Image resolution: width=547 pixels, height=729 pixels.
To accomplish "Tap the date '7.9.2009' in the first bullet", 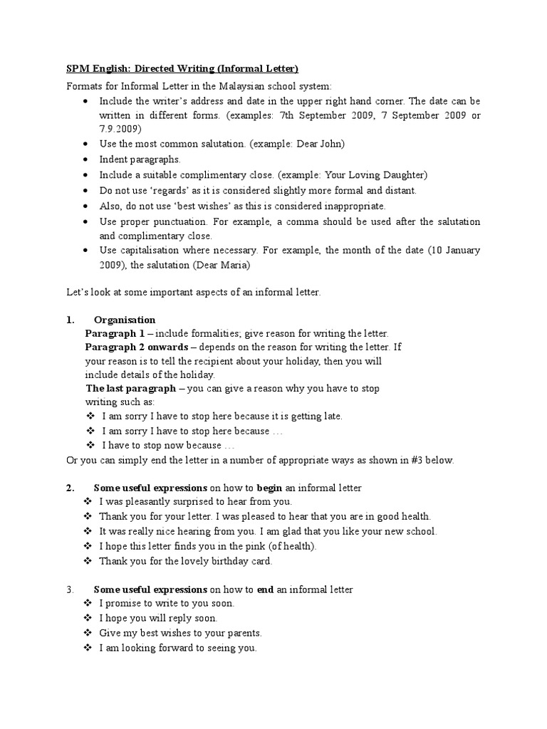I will point(120,129).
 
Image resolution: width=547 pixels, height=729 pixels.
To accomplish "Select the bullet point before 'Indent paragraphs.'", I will point(86,159).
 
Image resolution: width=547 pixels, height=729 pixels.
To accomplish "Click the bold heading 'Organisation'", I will point(125,320).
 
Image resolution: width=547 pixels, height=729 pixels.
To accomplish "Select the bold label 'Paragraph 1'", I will point(115,333).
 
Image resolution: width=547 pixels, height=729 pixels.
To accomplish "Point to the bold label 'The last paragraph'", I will point(130,389).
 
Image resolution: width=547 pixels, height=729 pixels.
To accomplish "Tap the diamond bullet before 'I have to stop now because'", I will point(90,446).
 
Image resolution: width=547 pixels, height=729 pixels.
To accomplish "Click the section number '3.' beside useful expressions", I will point(70,589).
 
